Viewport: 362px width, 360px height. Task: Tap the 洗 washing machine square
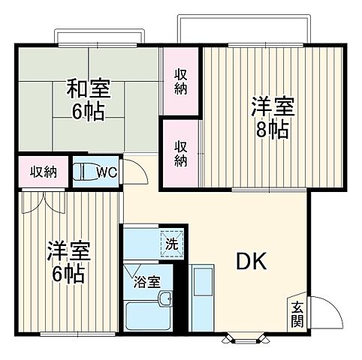click(x=172, y=243)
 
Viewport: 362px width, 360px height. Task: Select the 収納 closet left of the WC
click(x=43, y=172)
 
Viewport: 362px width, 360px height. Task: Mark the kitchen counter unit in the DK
click(x=203, y=294)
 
